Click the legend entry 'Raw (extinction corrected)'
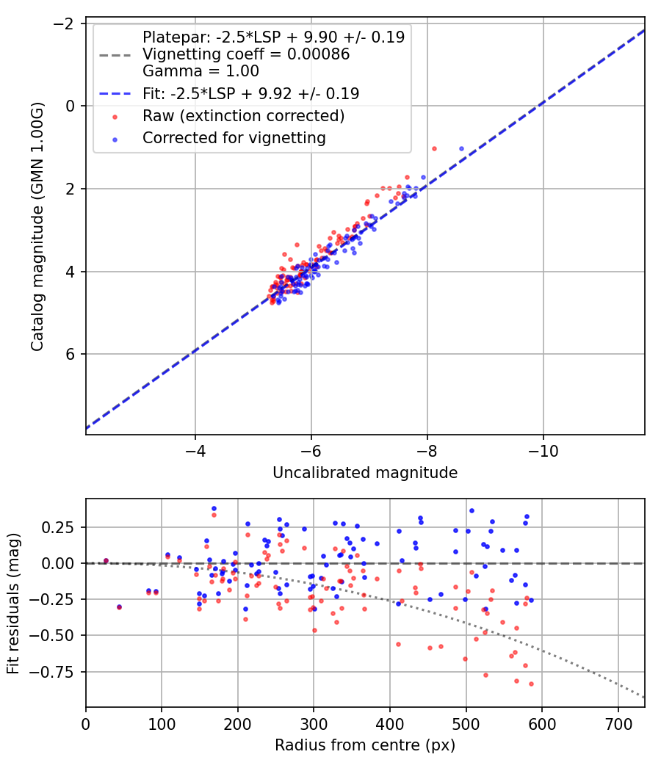pyautogui.click(x=243, y=116)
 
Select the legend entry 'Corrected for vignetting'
pyautogui.click(x=233, y=137)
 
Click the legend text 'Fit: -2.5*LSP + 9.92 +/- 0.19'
pyautogui.click(x=250, y=94)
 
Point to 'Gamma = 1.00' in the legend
pyautogui.click(x=201, y=71)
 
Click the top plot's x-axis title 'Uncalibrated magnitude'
pyautogui.click(x=365, y=473)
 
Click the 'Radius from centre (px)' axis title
pyautogui.click(x=365, y=745)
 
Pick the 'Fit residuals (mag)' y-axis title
pyautogui.click(x=12, y=603)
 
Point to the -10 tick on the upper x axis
pyautogui.click(x=543, y=448)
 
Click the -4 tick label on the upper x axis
pyautogui.click(x=195, y=448)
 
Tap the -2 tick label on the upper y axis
pyautogui.click(x=65, y=24)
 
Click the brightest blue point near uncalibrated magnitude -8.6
pyautogui.click(x=461, y=148)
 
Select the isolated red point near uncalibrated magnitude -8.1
pyautogui.click(x=434, y=148)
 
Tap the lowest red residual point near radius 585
pyautogui.click(x=531, y=684)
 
